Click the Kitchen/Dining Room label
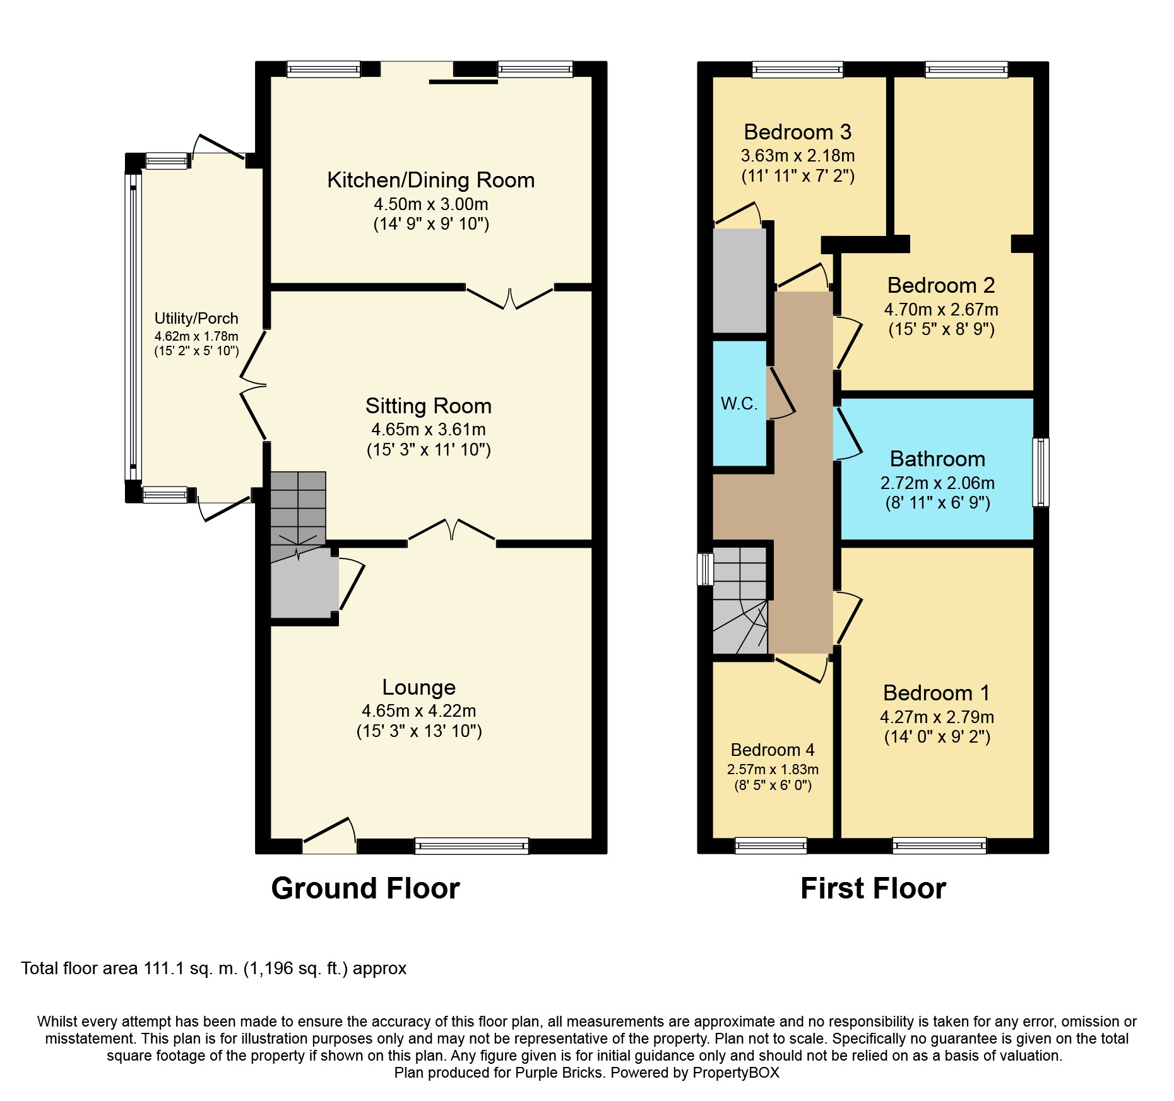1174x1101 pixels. (x=430, y=180)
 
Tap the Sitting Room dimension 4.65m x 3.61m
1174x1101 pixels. (x=429, y=430)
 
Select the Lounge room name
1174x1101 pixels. (x=418, y=687)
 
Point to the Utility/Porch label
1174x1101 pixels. (x=196, y=319)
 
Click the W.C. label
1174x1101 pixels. (x=739, y=404)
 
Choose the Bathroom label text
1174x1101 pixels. (x=937, y=459)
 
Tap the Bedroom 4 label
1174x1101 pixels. (x=773, y=750)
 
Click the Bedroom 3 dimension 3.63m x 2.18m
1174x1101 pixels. (x=798, y=156)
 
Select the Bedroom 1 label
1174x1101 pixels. (x=937, y=693)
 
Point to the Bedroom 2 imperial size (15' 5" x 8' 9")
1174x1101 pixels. (x=941, y=329)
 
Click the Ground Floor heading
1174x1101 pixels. (x=365, y=888)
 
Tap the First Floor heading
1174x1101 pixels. (x=873, y=888)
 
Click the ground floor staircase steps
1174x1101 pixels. (x=298, y=508)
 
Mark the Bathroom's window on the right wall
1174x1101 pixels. (x=1040, y=473)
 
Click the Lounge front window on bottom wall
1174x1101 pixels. (x=471, y=846)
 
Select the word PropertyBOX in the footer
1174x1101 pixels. (x=736, y=1073)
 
